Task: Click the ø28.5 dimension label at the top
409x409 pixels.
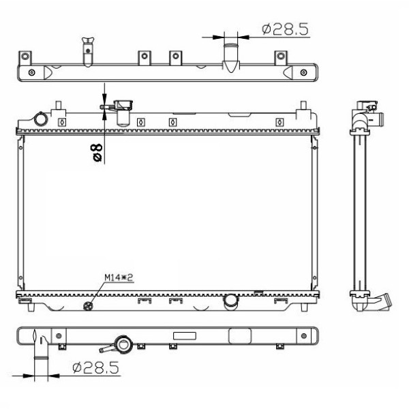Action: point(285,29)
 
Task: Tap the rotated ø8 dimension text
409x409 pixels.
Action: point(97,153)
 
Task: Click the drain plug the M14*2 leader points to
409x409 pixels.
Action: point(87,305)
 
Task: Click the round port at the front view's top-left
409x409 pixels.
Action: point(40,120)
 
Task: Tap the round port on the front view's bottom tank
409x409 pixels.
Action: point(231,299)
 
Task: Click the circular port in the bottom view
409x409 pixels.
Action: point(124,344)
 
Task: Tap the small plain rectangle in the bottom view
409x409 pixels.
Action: point(185,335)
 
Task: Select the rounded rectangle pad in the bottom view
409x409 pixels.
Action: point(239,336)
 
